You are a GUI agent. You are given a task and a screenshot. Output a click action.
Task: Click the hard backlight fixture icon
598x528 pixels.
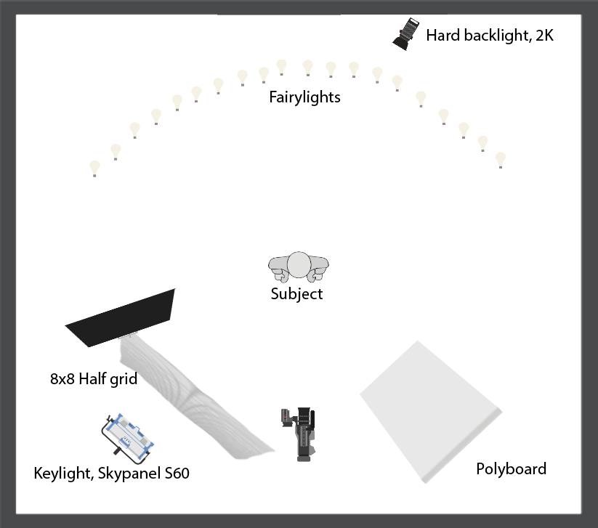point(406,33)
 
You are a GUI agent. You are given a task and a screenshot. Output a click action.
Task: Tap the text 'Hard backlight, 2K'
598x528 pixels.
point(489,35)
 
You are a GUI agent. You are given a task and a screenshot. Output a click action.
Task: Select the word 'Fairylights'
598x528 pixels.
point(304,97)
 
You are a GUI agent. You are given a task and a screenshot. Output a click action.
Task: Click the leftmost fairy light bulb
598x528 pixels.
point(94,168)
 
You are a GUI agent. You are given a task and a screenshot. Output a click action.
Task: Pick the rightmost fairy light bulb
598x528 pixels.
point(500,159)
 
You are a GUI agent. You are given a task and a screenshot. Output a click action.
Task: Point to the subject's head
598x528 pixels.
point(299,265)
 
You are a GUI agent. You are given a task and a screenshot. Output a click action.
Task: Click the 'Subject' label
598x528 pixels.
point(296,294)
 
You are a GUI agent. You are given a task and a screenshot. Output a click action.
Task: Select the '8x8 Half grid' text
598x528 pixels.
point(94,378)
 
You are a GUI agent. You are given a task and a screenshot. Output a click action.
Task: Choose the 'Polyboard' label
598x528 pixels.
point(511,468)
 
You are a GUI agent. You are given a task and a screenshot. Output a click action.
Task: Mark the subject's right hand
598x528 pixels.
point(279,275)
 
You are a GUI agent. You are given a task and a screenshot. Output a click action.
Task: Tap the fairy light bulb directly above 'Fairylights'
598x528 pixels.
point(307,68)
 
